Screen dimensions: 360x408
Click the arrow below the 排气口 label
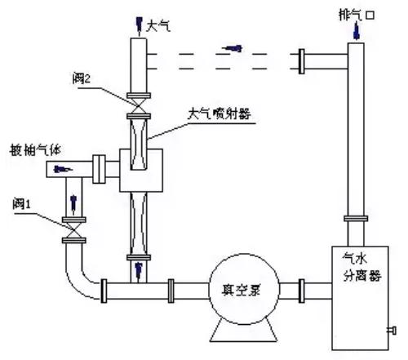click(x=356, y=31)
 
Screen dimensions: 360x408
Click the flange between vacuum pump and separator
click(x=304, y=290)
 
